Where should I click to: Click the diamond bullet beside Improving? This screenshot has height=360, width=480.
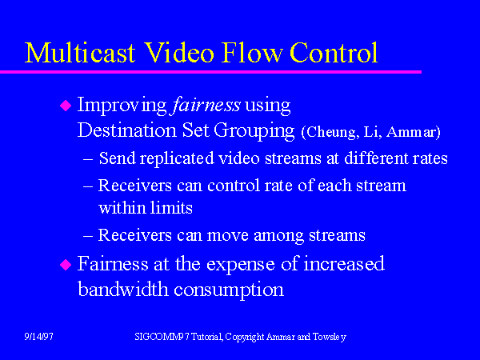[x=66, y=105]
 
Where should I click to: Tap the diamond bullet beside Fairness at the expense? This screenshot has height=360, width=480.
[x=66, y=264]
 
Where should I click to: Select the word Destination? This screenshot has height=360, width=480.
[x=123, y=128]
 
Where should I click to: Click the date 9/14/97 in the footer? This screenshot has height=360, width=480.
[x=38, y=337]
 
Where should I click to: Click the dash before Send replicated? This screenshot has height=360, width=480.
[x=88, y=158]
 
